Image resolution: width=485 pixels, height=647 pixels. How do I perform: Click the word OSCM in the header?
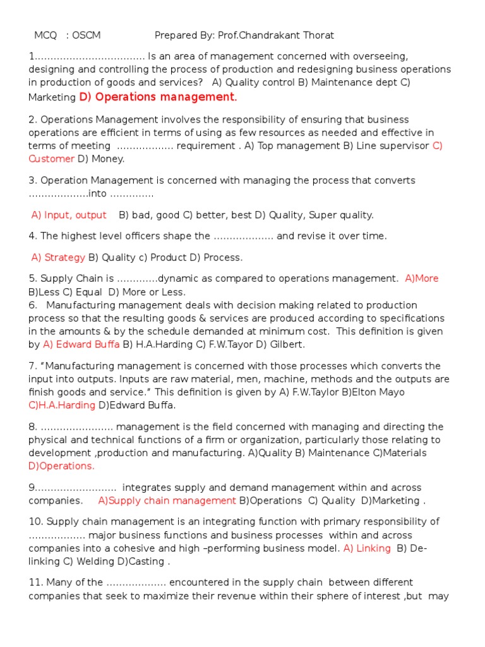(87, 35)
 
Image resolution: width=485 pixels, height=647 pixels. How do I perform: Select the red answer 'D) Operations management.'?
(158, 97)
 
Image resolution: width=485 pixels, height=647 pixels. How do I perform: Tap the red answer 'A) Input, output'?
(69, 215)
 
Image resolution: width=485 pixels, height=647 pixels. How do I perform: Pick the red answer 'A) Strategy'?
(58, 257)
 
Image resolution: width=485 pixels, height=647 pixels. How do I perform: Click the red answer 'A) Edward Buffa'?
(81, 344)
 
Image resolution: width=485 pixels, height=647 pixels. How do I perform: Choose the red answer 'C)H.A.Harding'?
(61, 405)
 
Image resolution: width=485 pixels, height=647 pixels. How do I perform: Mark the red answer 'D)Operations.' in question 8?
(61, 466)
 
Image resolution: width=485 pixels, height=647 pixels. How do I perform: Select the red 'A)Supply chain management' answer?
(167, 500)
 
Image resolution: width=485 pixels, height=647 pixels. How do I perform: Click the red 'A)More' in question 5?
(422, 279)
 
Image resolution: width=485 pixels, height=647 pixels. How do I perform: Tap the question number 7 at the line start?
(32, 366)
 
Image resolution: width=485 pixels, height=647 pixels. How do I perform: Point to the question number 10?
(35, 521)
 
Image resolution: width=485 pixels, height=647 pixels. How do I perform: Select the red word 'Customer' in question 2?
(51, 159)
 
